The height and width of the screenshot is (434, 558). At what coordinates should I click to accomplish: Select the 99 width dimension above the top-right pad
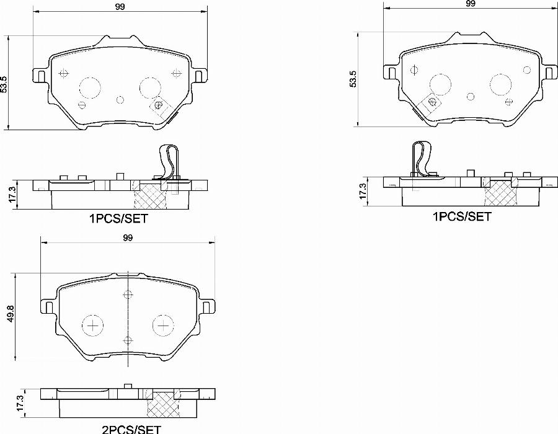[x=471, y=4]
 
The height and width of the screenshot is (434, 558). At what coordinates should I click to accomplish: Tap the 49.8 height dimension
[x=9, y=316]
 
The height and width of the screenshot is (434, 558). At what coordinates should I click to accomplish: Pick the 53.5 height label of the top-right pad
[x=353, y=80]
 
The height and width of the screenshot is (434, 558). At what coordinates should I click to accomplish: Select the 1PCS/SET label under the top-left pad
[x=119, y=218]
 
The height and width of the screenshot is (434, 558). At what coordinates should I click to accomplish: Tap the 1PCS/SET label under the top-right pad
[x=462, y=216]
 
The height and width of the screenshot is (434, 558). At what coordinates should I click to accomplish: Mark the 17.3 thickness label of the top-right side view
[x=363, y=190]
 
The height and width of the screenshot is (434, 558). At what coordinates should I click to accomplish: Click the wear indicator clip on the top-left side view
[x=168, y=162]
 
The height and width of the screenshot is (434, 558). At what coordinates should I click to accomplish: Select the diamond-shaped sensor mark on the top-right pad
[x=431, y=102]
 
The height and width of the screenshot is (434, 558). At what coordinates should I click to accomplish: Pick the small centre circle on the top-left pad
[x=121, y=99]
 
